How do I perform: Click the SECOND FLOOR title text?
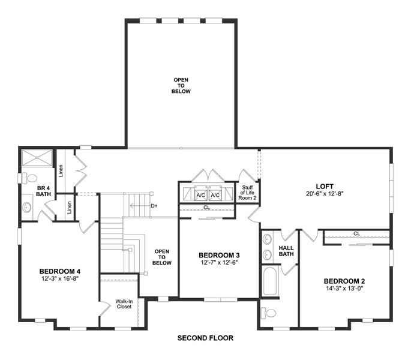205,338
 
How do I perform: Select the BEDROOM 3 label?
219,255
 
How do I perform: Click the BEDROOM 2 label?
344,281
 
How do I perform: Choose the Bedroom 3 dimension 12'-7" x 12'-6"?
219,263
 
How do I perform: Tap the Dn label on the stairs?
154,206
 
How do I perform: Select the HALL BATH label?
286,251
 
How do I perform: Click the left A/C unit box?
201,195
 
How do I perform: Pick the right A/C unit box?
216,195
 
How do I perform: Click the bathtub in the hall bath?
269,281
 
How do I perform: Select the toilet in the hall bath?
270,313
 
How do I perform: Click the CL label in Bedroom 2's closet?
356,233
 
